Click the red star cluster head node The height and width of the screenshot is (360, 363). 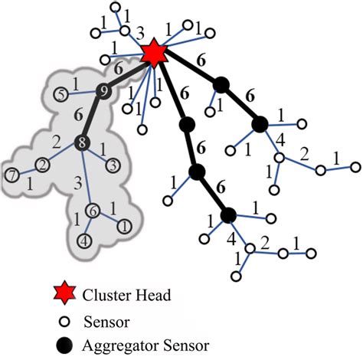[x=154, y=54]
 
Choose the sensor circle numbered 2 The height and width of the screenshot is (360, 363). [x=43, y=164]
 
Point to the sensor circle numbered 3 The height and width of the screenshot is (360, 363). [x=113, y=164]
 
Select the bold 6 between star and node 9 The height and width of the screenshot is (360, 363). [x=119, y=67]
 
